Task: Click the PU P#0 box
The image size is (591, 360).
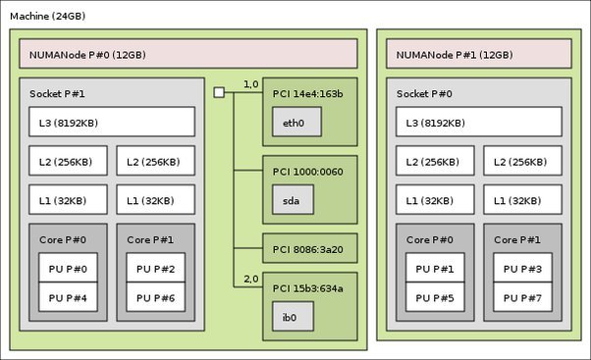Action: point(68,269)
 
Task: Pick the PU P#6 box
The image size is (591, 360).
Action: point(155,297)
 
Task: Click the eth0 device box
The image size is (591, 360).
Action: point(295,124)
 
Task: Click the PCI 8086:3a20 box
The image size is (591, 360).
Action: point(309,249)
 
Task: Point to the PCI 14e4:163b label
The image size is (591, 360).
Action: point(307,93)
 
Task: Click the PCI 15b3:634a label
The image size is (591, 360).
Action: point(308,288)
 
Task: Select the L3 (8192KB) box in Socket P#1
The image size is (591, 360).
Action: point(111,123)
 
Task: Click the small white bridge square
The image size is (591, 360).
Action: point(219,93)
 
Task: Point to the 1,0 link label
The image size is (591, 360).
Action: point(250,84)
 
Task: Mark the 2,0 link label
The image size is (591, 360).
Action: point(250,280)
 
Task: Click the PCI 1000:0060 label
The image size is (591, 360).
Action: point(308,172)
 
